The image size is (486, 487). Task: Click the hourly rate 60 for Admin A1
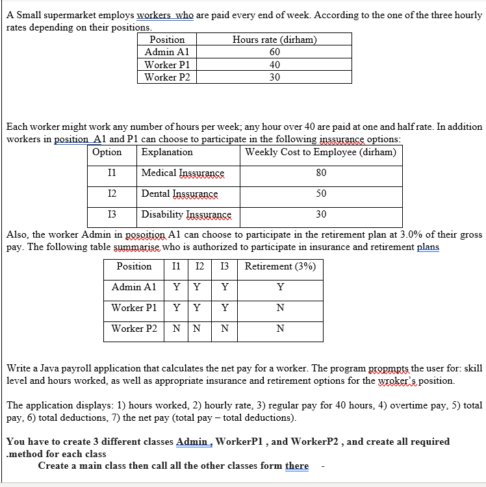(x=274, y=52)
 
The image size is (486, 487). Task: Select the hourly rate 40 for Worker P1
(x=274, y=65)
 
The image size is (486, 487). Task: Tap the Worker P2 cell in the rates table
(x=167, y=77)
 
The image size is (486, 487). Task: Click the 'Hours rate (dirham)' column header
(x=274, y=40)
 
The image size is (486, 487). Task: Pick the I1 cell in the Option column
(x=112, y=173)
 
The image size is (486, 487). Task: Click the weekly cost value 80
(x=321, y=173)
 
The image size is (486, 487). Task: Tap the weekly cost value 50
(x=321, y=194)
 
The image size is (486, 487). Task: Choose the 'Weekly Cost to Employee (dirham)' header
(x=320, y=152)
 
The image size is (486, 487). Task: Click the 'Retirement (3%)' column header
(x=280, y=266)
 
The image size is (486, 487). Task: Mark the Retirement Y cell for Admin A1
(x=280, y=287)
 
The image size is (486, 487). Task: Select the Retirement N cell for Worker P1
(x=280, y=308)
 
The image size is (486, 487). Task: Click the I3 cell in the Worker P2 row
(x=224, y=329)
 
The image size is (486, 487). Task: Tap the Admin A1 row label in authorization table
(x=134, y=287)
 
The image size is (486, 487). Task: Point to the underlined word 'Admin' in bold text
(x=192, y=442)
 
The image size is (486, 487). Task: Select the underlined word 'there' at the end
(x=297, y=466)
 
